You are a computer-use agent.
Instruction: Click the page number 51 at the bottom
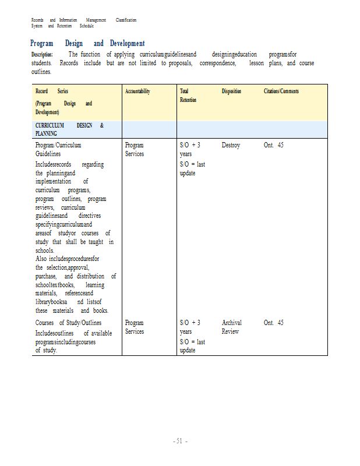(180, 441)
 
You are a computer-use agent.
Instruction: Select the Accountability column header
(137, 91)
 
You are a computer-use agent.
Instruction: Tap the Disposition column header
(231, 91)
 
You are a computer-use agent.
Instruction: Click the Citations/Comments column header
(281, 91)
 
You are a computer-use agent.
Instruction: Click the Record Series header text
(52, 91)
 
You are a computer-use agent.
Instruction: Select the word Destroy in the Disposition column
(231, 145)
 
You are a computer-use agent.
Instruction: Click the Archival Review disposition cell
(232, 327)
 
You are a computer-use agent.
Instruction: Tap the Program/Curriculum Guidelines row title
(58, 149)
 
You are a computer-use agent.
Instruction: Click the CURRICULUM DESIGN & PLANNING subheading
(69, 129)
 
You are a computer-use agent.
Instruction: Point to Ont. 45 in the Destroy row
(273, 145)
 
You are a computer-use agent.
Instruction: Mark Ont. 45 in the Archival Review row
(273, 323)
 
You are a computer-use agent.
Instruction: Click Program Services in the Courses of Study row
(135, 327)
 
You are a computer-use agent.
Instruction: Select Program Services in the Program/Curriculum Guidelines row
(135, 149)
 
